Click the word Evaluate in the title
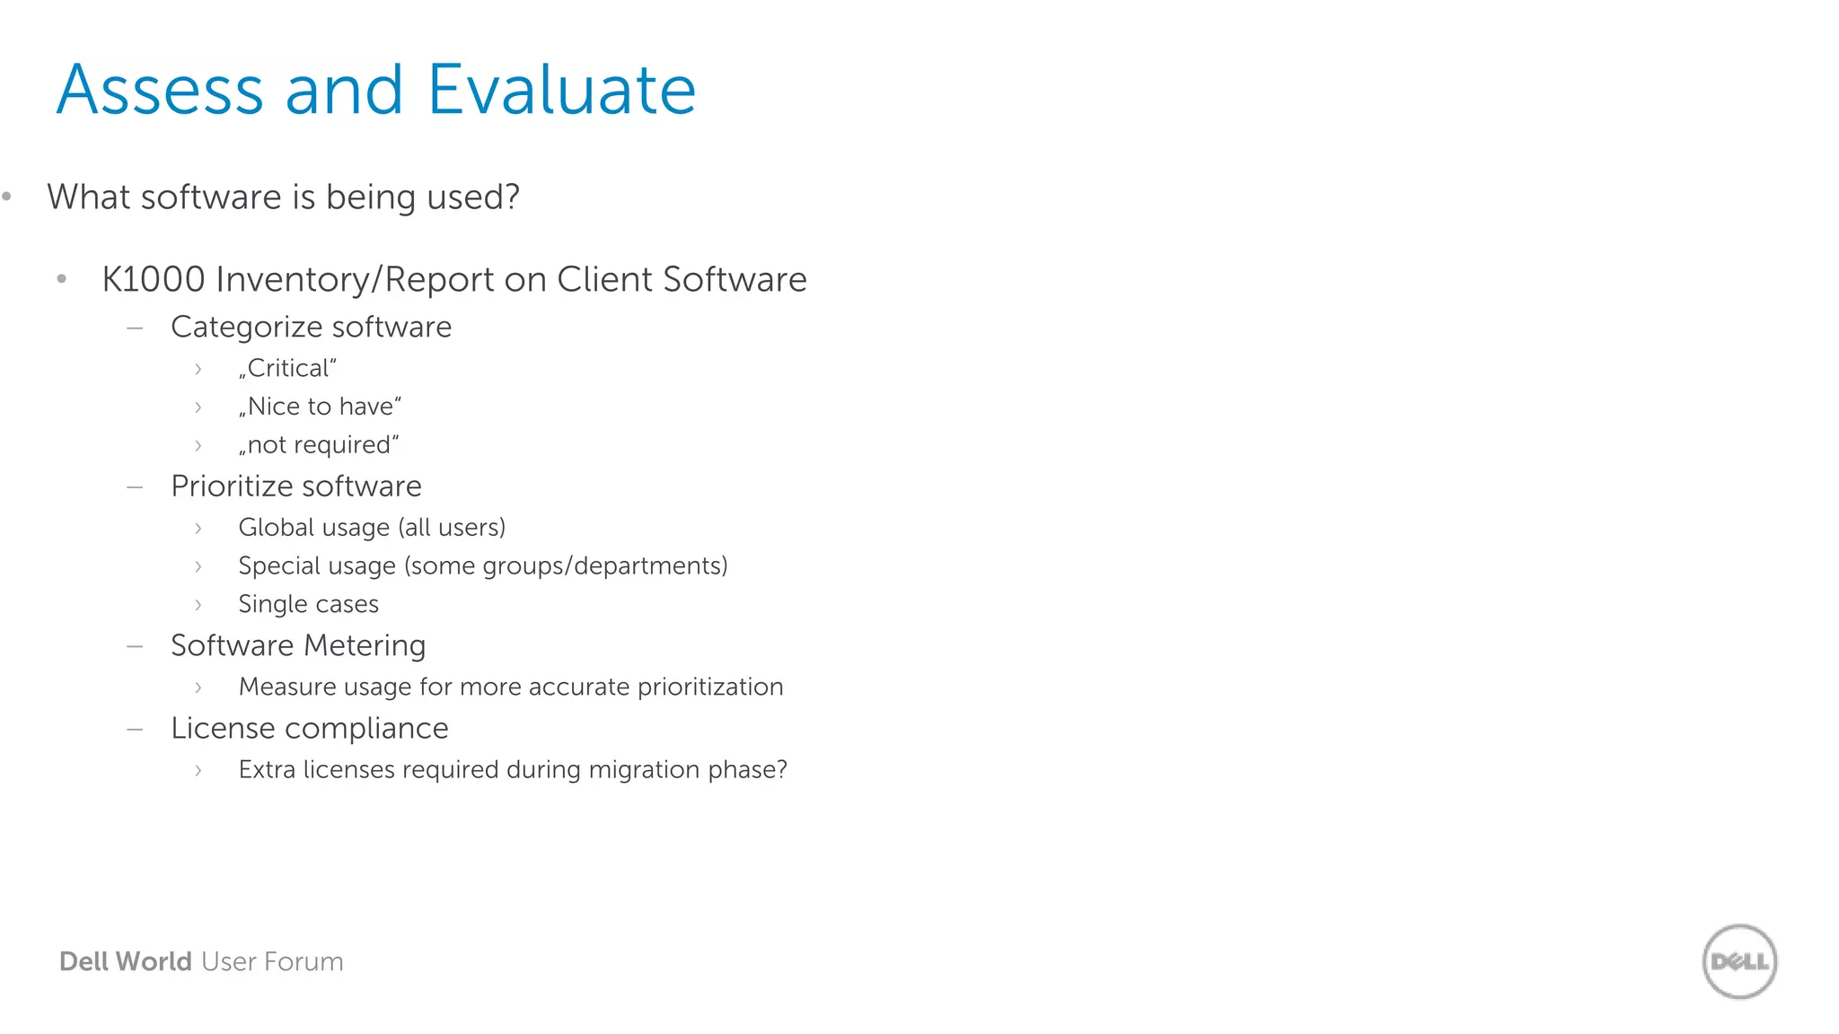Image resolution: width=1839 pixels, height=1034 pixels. click(562, 90)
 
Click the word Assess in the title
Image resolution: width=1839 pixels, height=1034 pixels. click(160, 90)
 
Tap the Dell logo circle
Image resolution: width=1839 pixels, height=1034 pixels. click(1739, 961)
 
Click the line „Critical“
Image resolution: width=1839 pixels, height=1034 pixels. click(287, 368)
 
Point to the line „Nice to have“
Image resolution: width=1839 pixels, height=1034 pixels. click(320, 407)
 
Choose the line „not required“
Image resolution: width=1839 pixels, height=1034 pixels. click(319, 445)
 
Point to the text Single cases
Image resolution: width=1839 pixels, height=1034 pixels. click(308, 604)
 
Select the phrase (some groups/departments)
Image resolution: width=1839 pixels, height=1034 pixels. click(566, 565)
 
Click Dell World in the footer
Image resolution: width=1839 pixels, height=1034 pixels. click(125, 961)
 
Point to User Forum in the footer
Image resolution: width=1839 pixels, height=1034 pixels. click(272, 961)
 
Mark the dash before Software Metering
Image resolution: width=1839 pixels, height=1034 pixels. click(135, 646)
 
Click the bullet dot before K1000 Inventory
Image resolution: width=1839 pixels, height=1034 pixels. click(61, 279)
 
